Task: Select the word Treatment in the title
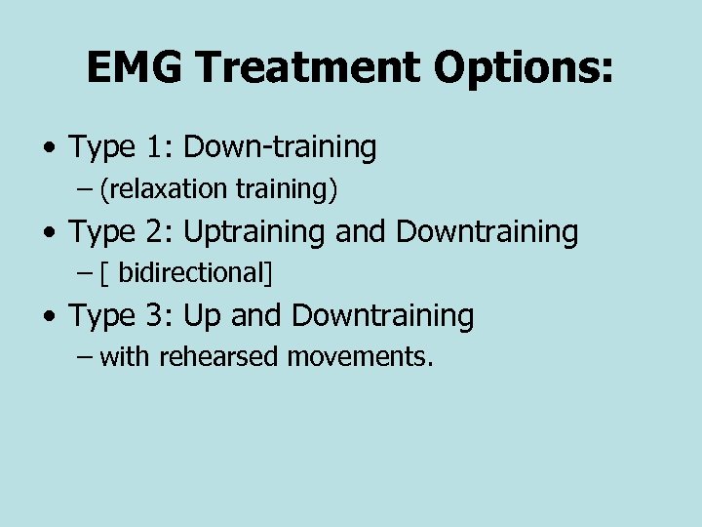pyautogui.click(x=306, y=67)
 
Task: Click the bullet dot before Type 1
pyautogui.click(x=48, y=148)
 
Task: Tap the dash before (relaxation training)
pyautogui.click(x=84, y=189)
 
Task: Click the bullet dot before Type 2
pyautogui.click(x=48, y=232)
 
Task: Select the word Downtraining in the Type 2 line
pyautogui.click(x=487, y=232)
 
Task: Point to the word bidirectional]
pyautogui.click(x=195, y=273)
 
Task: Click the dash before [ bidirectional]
pyautogui.click(x=84, y=273)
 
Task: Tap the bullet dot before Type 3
pyautogui.click(x=48, y=316)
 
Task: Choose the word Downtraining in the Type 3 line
pyautogui.click(x=383, y=316)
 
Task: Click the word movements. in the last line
pyautogui.click(x=360, y=357)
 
